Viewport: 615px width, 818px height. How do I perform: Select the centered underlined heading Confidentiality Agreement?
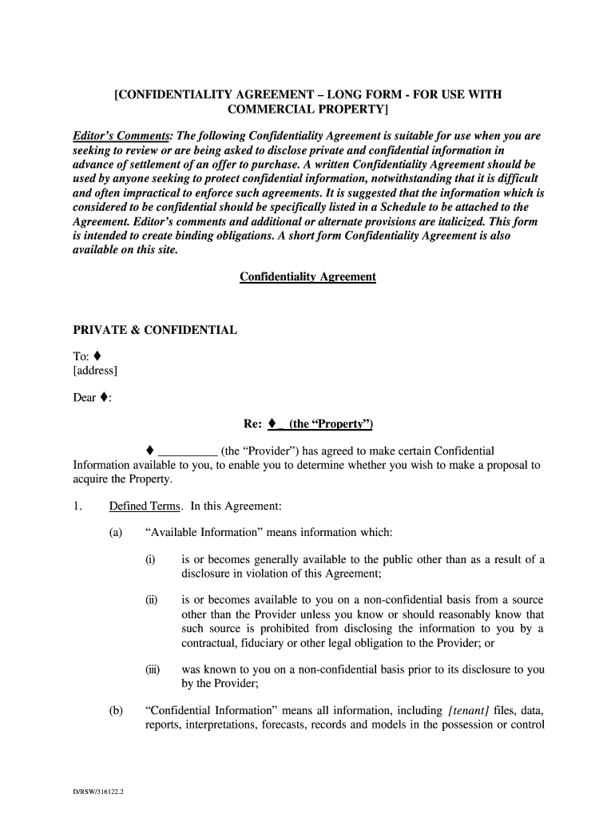tap(307, 276)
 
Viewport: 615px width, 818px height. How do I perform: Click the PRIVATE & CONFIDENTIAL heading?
tap(155, 329)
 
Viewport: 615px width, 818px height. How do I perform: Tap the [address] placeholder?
tap(95, 370)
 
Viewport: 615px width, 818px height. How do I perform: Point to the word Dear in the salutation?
tap(85, 397)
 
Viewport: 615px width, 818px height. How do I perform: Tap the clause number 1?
tap(77, 506)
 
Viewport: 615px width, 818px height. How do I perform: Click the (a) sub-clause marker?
tap(116, 533)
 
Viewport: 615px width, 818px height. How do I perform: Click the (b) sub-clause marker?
tap(116, 710)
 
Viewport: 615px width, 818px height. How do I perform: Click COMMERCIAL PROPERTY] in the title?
tap(307, 109)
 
